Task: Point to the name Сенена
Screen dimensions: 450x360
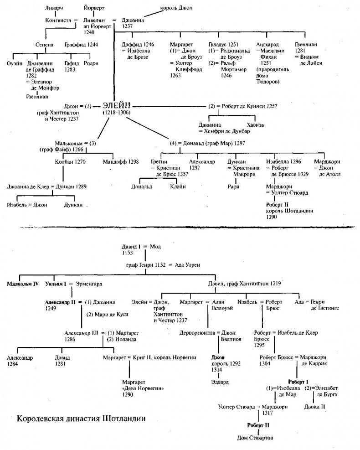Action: pos(45,45)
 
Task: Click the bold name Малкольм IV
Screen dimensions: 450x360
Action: pos(22,284)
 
